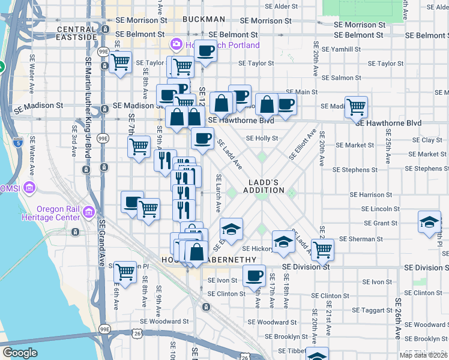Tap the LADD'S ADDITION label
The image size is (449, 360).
(264, 186)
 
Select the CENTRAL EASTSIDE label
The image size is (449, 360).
(77, 33)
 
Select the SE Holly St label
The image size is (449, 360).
(262, 138)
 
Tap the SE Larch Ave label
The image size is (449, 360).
(218, 193)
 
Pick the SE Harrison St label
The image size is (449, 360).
(370, 195)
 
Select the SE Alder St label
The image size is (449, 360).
(278, 7)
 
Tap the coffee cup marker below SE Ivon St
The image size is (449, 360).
(255, 276)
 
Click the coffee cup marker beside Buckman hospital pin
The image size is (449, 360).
(206, 51)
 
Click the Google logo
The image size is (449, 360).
(20, 353)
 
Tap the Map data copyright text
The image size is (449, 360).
(424, 355)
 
